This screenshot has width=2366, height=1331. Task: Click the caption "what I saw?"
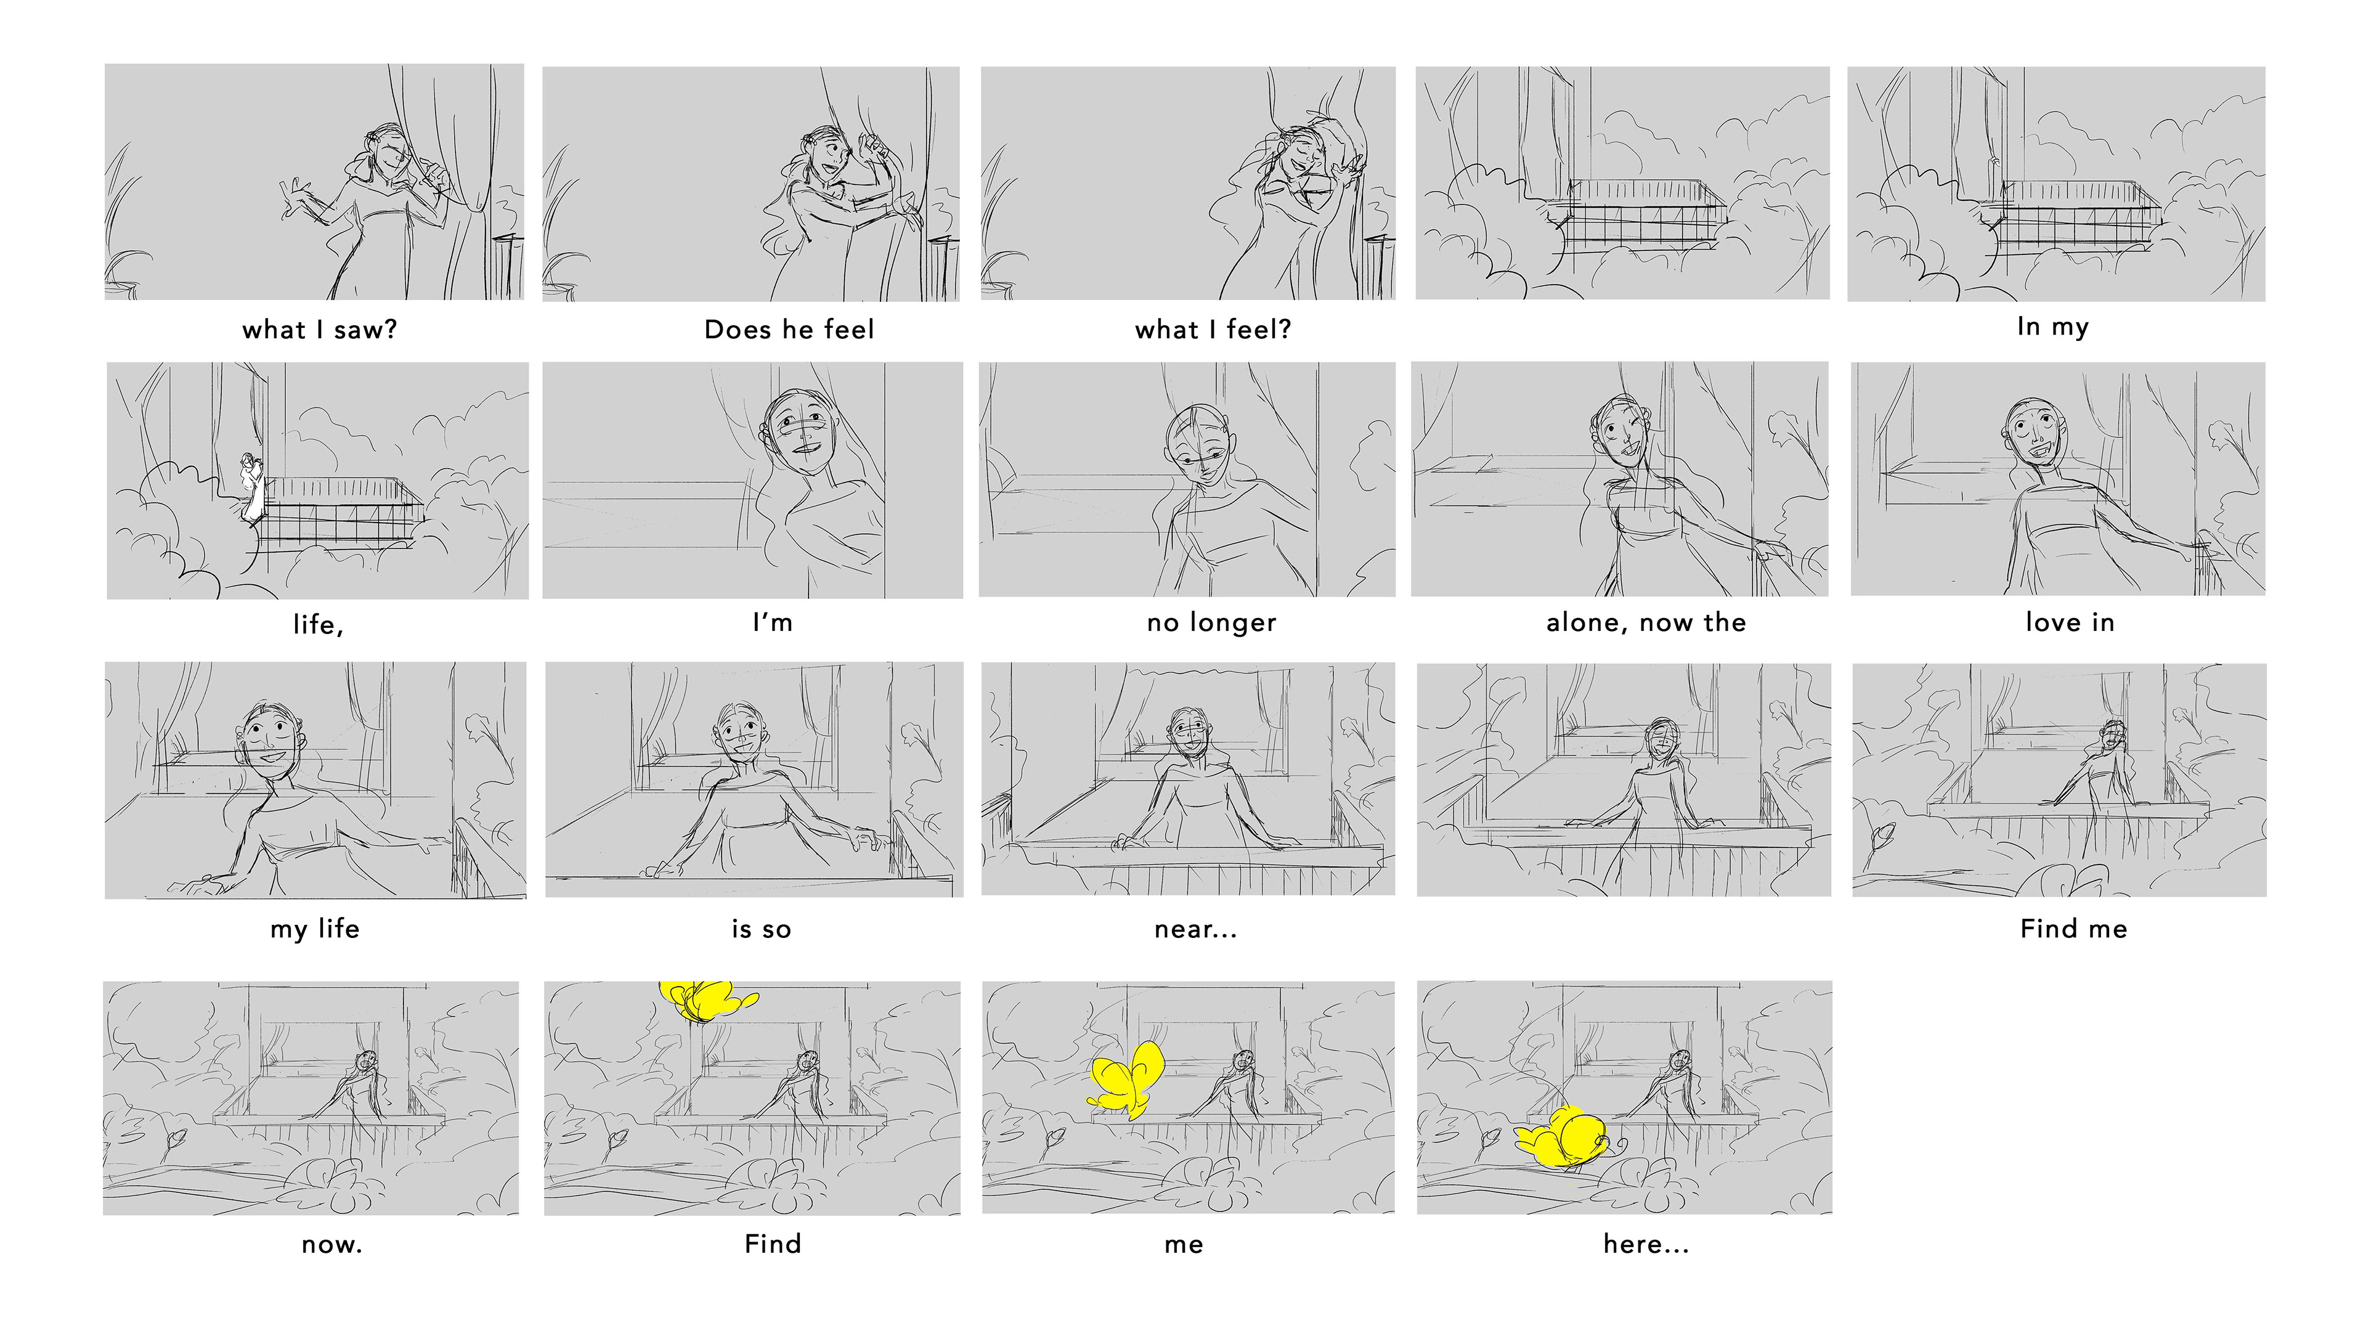click(320, 330)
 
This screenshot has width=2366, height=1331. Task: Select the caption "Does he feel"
click(789, 330)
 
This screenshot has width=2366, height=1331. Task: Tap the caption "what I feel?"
click(1213, 330)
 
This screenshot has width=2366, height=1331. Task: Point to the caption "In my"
click(2053, 328)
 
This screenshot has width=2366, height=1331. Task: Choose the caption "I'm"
click(773, 623)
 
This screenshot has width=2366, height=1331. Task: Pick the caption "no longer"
click(1211, 624)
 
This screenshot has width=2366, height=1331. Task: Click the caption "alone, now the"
click(1646, 623)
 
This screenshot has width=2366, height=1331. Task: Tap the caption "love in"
click(2070, 623)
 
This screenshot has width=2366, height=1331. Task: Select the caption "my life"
click(314, 929)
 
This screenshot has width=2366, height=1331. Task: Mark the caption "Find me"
click(2074, 929)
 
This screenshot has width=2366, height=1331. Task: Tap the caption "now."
click(331, 1245)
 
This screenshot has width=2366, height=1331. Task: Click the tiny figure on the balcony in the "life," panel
click(251, 487)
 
